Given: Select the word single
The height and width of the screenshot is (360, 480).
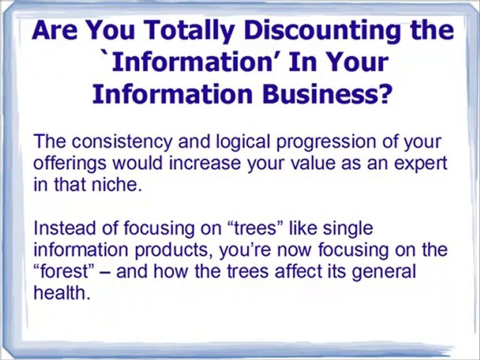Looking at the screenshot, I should click(347, 229).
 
